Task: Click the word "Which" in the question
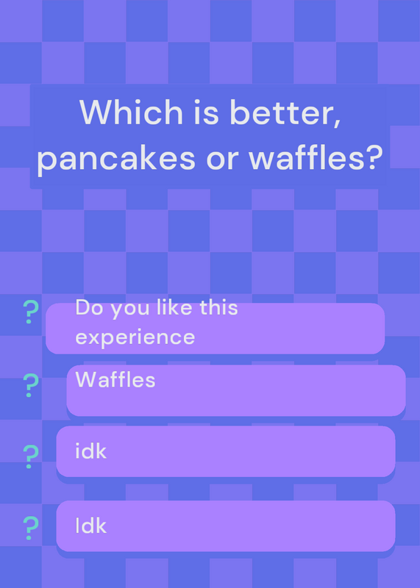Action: click(x=132, y=112)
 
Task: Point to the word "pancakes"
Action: click(x=116, y=157)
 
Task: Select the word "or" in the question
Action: click(x=223, y=159)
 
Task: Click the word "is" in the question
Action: click(x=206, y=112)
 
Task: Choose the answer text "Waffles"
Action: click(x=115, y=379)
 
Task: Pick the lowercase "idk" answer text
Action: click(x=90, y=451)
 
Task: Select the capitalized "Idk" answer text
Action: click(x=90, y=526)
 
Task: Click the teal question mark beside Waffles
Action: click(x=31, y=385)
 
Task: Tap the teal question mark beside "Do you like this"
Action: click(x=31, y=312)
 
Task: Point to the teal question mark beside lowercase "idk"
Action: click(x=31, y=456)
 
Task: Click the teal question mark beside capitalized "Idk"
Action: click(x=31, y=528)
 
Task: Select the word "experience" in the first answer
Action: click(x=135, y=337)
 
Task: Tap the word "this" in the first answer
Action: click(x=218, y=307)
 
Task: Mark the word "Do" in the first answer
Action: click(x=89, y=307)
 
